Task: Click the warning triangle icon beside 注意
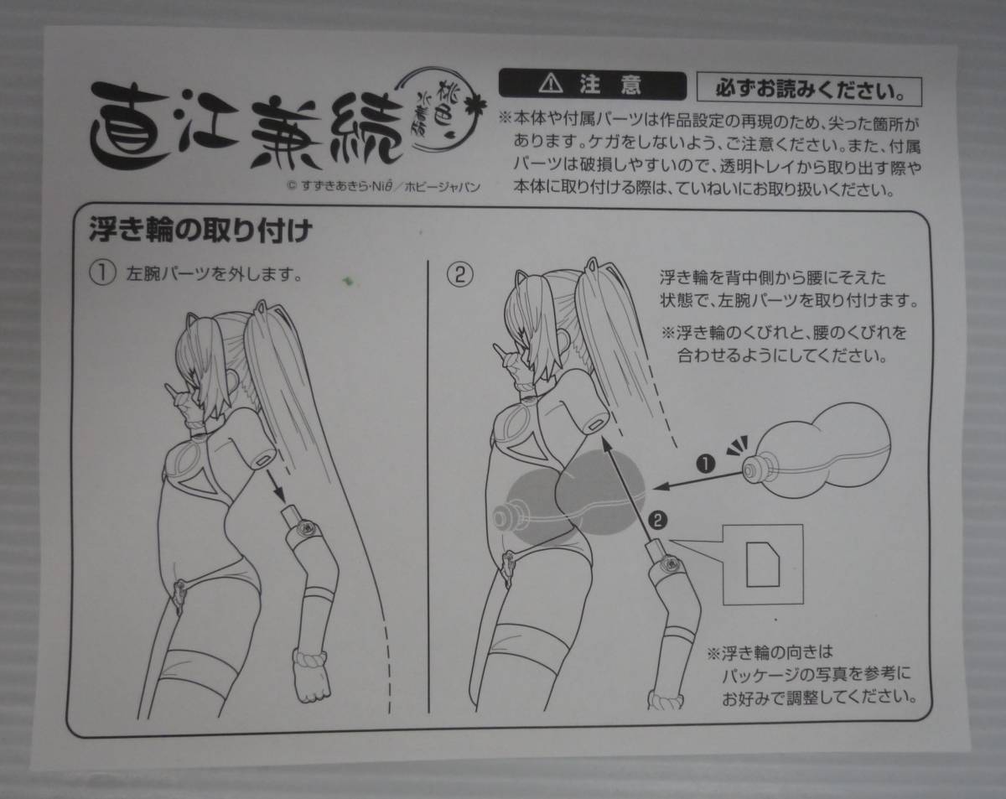551,84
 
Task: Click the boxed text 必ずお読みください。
809,90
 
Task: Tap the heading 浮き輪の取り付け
200,230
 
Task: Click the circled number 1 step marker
102,274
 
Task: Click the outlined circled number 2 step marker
460,275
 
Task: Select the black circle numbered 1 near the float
706,464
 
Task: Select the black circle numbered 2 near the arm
658,520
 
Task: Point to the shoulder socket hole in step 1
264,458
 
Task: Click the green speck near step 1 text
347,281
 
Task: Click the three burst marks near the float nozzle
739,445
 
